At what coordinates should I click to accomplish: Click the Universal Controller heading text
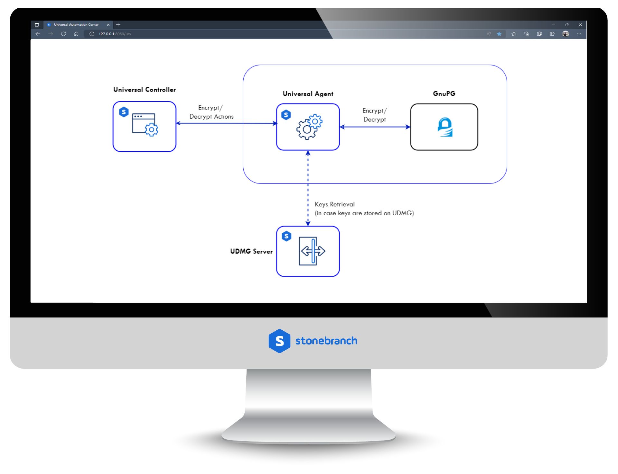tap(145, 90)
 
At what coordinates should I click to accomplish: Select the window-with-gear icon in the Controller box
tap(145, 125)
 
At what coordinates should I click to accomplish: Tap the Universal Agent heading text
tap(308, 94)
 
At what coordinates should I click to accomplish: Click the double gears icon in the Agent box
tap(309, 127)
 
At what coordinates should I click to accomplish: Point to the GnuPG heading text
tap(444, 94)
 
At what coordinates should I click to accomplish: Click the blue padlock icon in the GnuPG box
tap(445, 127)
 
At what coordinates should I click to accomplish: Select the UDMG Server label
tap(251, 251)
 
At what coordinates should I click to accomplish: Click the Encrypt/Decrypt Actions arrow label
tap(211, 112)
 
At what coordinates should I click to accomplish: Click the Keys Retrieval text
tap(335, 204)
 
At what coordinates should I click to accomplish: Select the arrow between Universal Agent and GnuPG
tap(375, 127)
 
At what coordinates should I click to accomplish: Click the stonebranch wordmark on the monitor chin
tap(326, 341)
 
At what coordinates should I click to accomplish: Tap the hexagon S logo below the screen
tap(279, 341)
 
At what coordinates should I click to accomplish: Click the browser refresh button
tap(63, 34)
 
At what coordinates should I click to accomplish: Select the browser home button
tap(76, 34)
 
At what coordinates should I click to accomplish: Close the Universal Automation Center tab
tap(108, 25)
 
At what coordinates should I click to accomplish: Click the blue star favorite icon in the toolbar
tap(499, 34)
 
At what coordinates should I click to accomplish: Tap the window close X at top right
tap(580, 25)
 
